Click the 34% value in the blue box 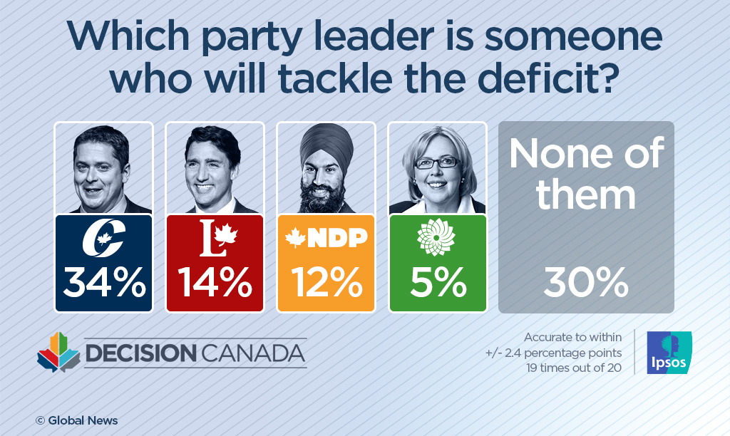[x=103, y=284]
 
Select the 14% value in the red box [x=215, y=284]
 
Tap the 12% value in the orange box [x=326, y=284]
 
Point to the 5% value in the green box [x=437, y=284]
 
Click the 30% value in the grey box [x=585, y=284]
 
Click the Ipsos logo [x=668, y=352]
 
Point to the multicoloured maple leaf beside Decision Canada [x=58, y=352]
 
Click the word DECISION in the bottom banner [x=140, y=353]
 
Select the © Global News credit [x=76, y=420]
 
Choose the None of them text [x=585, y=173]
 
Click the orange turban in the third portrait [x=326, y=146]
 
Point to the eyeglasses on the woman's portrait [x=436, y=162]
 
